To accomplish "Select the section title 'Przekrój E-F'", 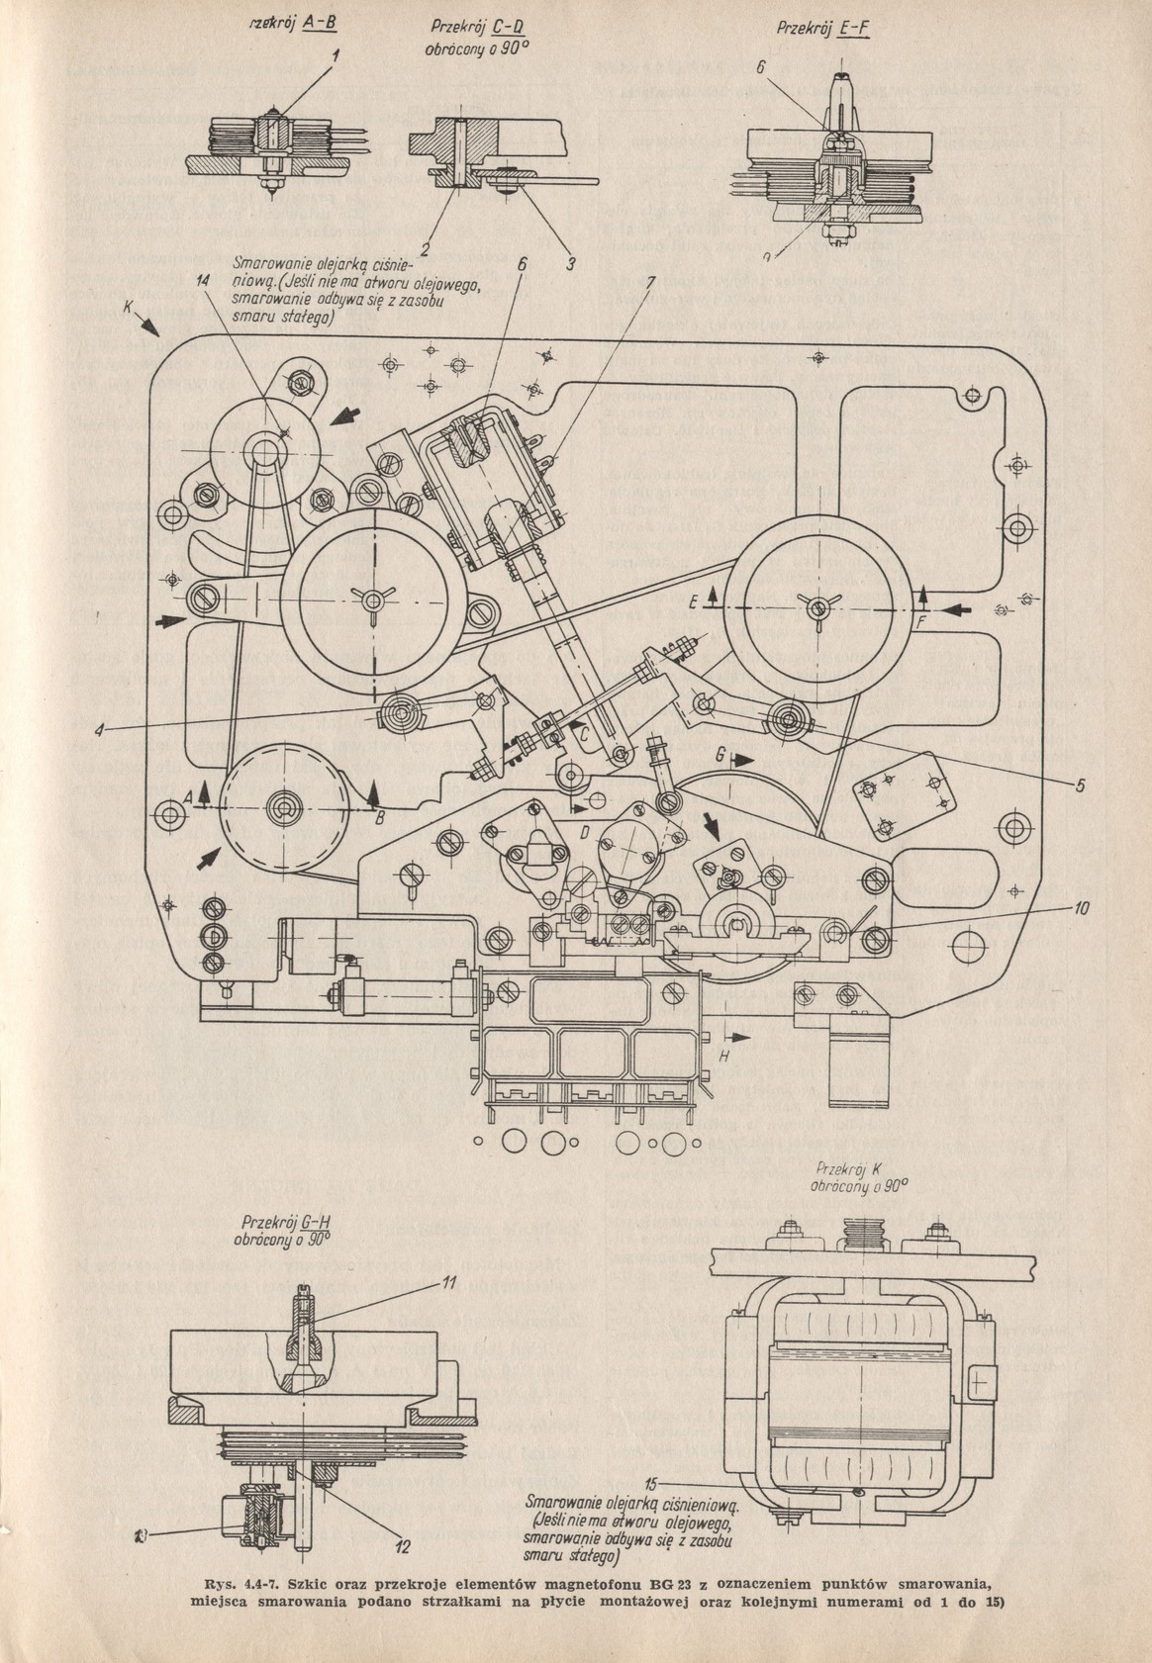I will [x=822, y=29].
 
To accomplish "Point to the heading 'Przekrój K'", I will [x=850, y=1166].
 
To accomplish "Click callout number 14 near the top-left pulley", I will [x=203, y=281].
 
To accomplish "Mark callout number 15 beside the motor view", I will [x=650, y=1482].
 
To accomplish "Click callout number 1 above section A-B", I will [x=336, y=56].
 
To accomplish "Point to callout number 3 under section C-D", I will [x=570, y=264].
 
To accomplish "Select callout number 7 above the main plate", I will [x=649, y=281].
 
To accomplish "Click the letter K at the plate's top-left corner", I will [x=129, y=310].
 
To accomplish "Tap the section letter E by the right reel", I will [x=697, y=600].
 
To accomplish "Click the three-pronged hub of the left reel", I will [x=371, y=601].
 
